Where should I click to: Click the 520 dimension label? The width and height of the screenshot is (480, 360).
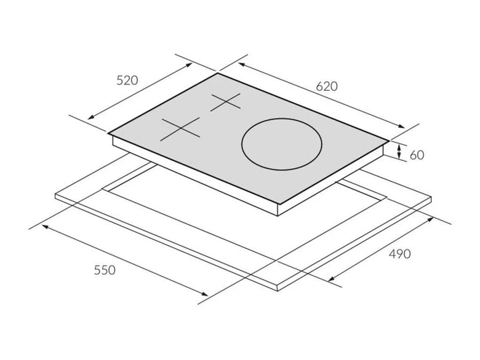tap(127, 80)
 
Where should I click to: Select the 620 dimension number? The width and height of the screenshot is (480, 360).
tap(327, 87)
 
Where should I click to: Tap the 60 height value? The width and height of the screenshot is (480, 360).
tap(417, 155)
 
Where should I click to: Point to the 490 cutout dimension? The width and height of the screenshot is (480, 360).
tap(399, 254)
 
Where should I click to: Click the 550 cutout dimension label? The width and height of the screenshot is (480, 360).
tap(105, 270)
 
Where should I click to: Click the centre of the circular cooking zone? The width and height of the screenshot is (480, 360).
tap(282, 144)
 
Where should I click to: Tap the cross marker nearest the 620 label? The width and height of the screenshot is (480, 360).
tap(225, 102)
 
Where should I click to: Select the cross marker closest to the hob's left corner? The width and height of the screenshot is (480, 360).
tap(180, 129)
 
